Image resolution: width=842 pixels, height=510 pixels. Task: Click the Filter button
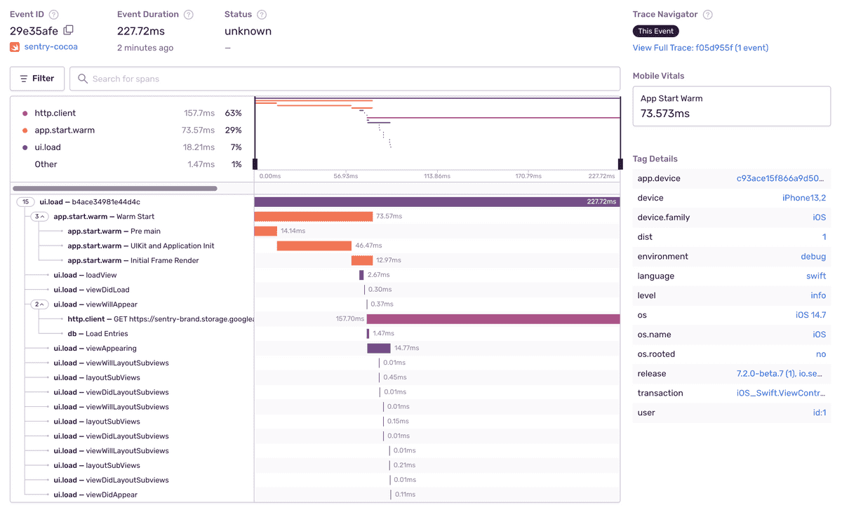[37, 79]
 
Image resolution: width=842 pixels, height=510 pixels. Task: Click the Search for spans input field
[344, 79]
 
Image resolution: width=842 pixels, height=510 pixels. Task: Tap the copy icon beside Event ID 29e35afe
[68, 30]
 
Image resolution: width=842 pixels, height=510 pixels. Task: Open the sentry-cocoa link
[50, 47]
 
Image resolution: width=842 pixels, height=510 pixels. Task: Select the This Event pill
[655, 31]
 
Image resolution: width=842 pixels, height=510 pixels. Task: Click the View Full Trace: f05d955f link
[700, 48]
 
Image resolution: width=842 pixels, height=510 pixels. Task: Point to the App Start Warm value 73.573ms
[665, 114]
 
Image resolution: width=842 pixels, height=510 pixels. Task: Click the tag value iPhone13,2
[803, 198]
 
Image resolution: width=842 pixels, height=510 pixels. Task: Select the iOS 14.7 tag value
[810, 315]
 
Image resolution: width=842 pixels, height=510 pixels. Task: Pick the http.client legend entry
[55, 113]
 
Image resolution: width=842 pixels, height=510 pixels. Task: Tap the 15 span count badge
[26, 202]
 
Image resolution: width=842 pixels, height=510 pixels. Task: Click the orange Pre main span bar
[265, 231]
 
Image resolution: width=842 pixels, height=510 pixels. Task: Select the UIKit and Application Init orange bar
[314, 246]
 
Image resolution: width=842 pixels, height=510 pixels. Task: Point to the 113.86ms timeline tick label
[438, 176]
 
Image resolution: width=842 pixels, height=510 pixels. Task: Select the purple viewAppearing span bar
[379, 348]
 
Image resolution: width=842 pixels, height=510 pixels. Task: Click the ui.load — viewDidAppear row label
[95, 495]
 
